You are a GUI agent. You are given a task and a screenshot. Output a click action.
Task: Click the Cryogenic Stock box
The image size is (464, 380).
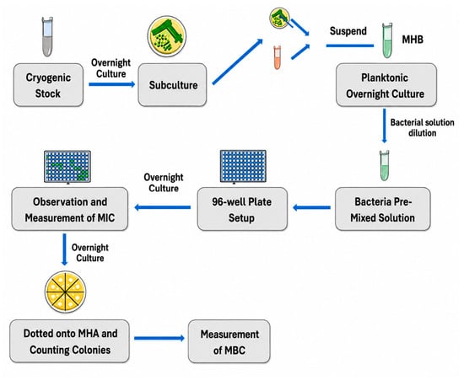point(48,85)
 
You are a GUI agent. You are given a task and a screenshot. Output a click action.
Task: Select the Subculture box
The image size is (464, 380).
point(172,85)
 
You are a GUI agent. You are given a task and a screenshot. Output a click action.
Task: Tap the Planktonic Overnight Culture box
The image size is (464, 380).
point(386,85)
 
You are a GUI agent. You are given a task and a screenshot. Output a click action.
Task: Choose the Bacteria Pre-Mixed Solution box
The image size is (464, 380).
point(382,209)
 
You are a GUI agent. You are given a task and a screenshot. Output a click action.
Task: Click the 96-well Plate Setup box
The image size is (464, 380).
point(242,209)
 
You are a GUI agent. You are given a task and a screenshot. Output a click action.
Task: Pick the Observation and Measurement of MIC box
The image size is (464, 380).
point(70,209)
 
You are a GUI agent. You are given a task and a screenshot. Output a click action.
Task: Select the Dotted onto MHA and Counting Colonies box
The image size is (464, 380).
point(69,341)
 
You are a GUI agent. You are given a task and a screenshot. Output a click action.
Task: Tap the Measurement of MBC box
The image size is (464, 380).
point(229,341)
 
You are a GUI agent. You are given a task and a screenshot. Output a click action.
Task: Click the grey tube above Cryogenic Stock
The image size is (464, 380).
point(47,36)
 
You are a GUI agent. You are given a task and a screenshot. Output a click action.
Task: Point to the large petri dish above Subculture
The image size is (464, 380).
point(167,36)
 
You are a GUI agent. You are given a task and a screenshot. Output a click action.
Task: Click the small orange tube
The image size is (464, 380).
point(277,57)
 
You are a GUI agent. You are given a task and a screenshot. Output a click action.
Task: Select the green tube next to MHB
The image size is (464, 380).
point(387,40)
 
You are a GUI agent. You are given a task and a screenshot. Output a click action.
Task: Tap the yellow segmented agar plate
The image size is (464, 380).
point(66,292)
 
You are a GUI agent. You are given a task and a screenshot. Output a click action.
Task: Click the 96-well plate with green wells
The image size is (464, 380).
point(67,167)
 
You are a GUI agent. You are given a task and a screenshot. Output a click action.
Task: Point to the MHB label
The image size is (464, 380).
point(413,40)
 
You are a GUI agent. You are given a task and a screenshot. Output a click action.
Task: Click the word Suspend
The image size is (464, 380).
point(348,30)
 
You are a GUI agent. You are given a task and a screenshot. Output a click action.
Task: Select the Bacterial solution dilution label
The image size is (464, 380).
point(423,128)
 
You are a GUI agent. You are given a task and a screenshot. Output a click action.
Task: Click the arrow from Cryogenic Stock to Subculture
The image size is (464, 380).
point(112,84)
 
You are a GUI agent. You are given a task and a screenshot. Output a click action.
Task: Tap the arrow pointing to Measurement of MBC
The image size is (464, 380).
point(159,338)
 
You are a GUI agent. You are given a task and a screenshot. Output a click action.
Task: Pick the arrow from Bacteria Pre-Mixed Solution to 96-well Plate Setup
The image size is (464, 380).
point(311,207)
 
